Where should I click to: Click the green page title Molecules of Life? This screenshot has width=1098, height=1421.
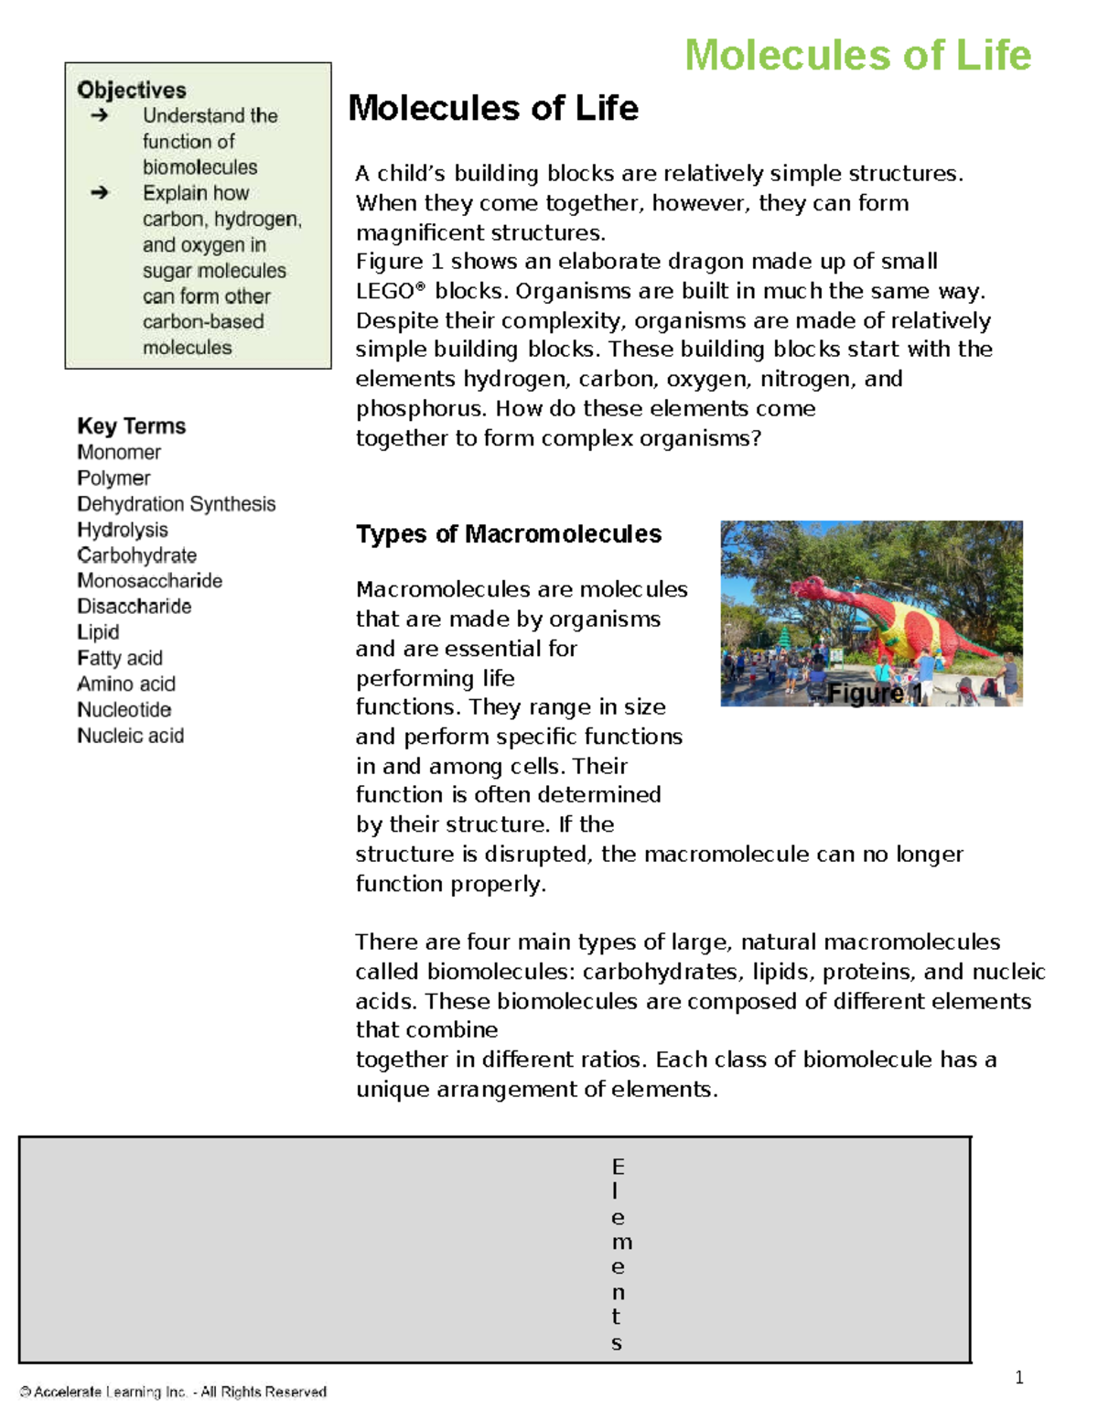coord(857,55)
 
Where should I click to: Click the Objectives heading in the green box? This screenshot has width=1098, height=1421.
coord(132,90)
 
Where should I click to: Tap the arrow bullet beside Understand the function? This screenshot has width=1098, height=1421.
coord(100,115)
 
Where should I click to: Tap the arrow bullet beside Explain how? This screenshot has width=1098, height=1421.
coord(100,192)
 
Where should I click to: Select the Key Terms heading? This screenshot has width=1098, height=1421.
coord(132,426)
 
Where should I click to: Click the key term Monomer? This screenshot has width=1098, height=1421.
coord(119,452)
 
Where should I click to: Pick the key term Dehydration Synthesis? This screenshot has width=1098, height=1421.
coord(176,504)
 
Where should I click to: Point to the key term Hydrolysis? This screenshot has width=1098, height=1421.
coord(123,530)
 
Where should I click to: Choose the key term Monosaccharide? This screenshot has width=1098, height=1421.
coord(149,581)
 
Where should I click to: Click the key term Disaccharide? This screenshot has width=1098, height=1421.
coord(135,607)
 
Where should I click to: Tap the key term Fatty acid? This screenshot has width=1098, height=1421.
coord(120,658)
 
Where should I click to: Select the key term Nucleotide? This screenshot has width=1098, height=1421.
coord(124,710)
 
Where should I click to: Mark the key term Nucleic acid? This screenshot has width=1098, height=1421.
coord(131,736)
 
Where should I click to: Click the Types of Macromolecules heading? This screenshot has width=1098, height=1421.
coord(508,534)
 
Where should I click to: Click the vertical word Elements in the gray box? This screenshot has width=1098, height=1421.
coord(618,1254)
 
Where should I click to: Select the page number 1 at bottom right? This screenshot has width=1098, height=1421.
coord(1019,1378)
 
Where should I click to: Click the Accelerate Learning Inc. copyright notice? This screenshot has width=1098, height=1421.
coord(173,1392)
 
